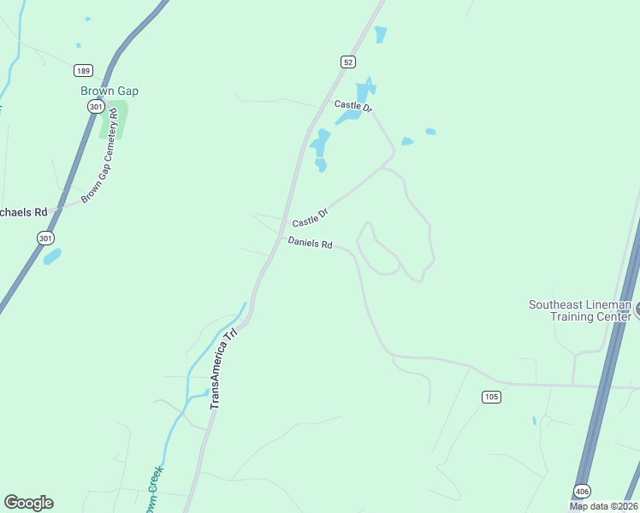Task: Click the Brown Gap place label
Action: [x=110, y=91]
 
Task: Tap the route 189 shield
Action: [x=83, y=71]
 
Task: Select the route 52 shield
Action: [x=347, y=62]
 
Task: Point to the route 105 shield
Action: [x=490, y=396]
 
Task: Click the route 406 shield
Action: [x=582, y=490]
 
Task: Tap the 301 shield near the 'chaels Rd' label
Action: [x=46, y=238]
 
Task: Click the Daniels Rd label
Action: [x=310, y=243]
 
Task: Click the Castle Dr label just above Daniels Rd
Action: [x=311, y=218]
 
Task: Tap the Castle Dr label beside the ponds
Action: [x=353, y=105]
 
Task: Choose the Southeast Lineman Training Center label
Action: [x=579, y=310]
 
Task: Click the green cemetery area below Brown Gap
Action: [x=114, y=120]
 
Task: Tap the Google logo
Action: [x=28, y=503]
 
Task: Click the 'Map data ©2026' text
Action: [x=602, y=506]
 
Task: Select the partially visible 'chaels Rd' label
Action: [x=23, y=212]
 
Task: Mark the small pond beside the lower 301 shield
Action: [x=52, y=256]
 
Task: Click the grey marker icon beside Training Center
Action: [x=637, y=310]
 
